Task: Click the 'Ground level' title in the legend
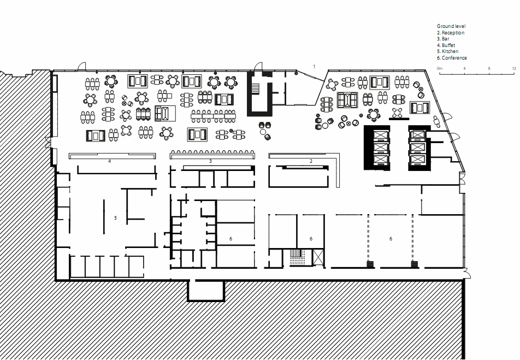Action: (x=451, y=26)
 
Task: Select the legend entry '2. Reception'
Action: (x=450, y=33)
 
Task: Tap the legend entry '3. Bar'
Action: (x=443, y=39)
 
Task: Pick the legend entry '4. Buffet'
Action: (x=446, y=45)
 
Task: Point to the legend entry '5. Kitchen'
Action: (x=447, y=51)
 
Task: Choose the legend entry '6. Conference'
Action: (x=452, y=58)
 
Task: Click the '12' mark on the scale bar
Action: (x=513, y=68)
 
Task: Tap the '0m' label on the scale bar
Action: (x=439, y=68)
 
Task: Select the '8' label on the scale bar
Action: (x=489, y=68)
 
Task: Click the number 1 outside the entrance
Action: (x=315, y=67)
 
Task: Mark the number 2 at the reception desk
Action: (x=311, y=161)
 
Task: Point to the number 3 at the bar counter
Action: (x=210, y=161)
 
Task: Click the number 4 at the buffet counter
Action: (x=109, y=161)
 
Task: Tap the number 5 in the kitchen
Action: (x=115, y=218)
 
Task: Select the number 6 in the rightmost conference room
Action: (x=391, y=239)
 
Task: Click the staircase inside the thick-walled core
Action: (x=256, y=88)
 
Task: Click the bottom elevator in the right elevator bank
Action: (x=417, y=160)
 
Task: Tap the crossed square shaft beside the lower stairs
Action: (x=318, y=257)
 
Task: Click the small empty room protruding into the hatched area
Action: (x=206, y=290)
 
